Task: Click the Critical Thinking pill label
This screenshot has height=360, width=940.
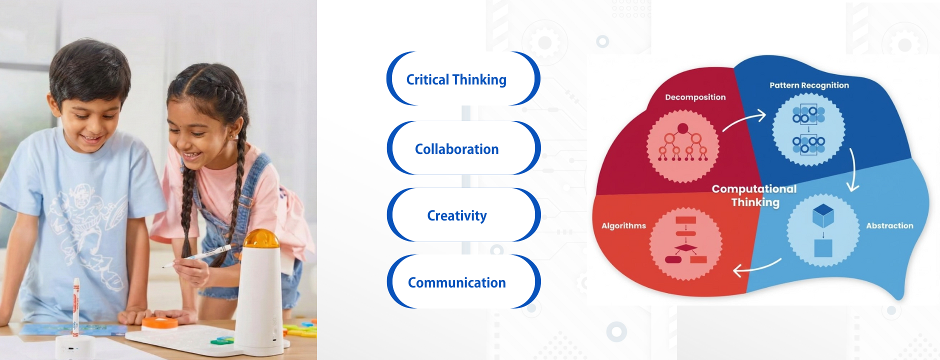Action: pyautogui.click(x=456, y=80)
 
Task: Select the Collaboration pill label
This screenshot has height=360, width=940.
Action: pyautogui.click(x=457, y=149)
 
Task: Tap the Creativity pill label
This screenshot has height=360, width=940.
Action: pyautogui.click(x=457, y=216)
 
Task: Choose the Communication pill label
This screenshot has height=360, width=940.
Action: pyautogui.click(x=457, y=282)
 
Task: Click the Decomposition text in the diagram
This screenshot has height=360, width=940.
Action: pyautogui.click(x=695, y=97)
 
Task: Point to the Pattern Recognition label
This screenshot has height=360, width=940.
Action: pyautogui.click(x=809, y=85)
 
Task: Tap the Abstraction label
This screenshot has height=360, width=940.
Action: pyautogui.click(x=889, y=226)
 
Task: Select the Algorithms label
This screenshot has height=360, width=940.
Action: pyautogui.click(x=623, y=226)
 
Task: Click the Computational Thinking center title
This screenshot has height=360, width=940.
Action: pyautogui.click(x=754, y=195)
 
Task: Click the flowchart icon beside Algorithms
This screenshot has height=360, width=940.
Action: pyautogui.click(x=686, y=240)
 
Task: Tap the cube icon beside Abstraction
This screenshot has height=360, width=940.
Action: pyautogui.click(x=823, y=230)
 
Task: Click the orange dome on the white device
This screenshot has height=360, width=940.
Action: pyautogui.click(x=260, y=238)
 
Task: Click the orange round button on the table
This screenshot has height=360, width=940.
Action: pyautogui.click(x=159, y=323)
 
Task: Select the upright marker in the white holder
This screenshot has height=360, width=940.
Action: pyautogui.click(x=76, y=306)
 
